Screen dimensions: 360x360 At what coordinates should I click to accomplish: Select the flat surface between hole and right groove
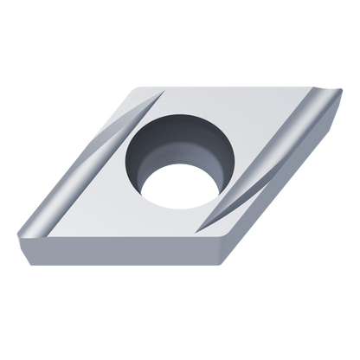pyautogui.click(x=247, y=177)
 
